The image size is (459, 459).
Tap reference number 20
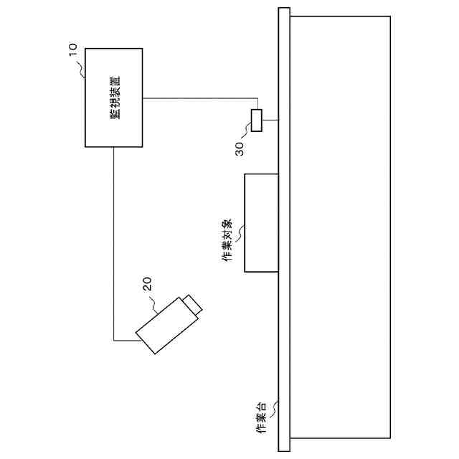[x=148, y=285]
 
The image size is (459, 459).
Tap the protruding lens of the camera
[x=193, y=304]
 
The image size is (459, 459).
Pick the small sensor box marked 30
[x=257, y=120]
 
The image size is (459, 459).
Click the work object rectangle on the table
[x=261, y=222]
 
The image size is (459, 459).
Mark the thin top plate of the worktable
[x=283, y=229]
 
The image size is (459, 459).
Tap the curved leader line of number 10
[x=81, y=66]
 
